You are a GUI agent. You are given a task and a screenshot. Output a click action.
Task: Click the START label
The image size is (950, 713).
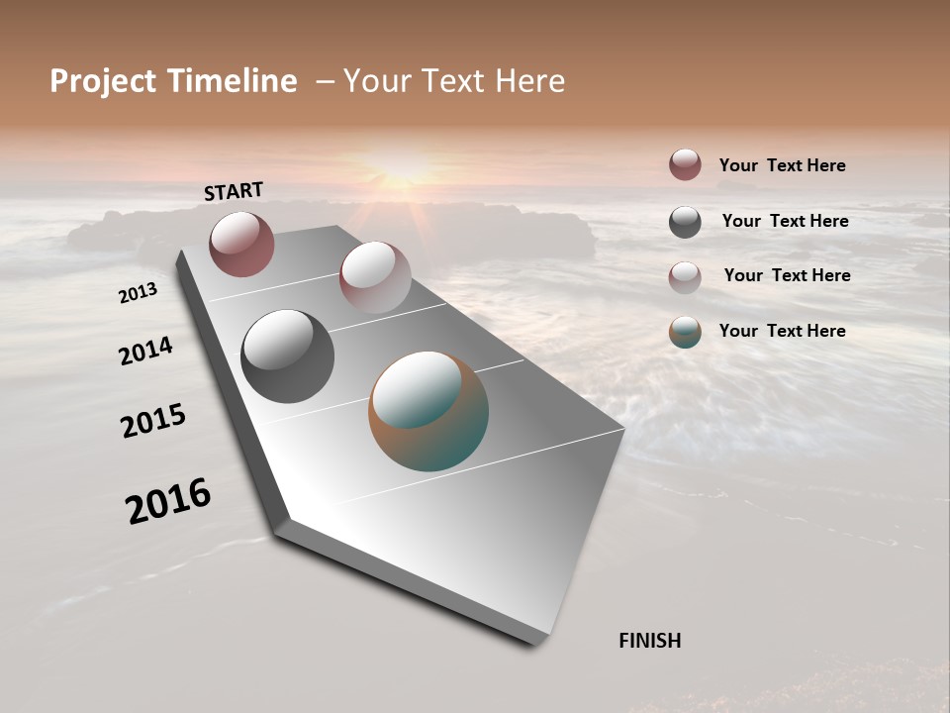[x=234, y=191]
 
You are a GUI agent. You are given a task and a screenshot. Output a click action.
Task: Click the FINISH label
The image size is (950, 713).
[x=649, y=641]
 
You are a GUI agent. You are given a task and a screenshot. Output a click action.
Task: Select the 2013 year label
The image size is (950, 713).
[x=138, y=293]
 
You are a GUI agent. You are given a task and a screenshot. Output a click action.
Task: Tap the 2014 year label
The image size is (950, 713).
[x=145, y=351]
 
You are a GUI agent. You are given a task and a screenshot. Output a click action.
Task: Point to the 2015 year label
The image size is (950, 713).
[x=153, y=421]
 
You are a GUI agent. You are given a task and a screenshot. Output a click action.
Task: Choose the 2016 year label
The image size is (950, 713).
[x=168, y=501]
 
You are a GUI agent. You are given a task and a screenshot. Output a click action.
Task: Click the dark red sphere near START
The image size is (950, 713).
[x=241, y=244]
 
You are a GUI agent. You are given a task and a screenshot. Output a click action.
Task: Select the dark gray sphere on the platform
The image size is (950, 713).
[x=287, y=356]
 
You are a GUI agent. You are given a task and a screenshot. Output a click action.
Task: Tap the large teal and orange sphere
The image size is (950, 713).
[x=428, y=411]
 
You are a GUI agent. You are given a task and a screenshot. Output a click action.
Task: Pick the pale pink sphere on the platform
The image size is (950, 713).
[x=374, y=276]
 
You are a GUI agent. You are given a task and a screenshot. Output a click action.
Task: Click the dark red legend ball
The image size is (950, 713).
[x=685, y=164]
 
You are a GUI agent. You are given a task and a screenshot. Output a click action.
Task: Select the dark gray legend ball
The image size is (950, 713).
[x=685, y=222]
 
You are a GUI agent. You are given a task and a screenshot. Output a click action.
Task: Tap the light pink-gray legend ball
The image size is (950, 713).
[x=685, y=277]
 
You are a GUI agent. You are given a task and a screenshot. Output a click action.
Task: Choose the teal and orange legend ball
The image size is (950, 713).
[x=685, y=333]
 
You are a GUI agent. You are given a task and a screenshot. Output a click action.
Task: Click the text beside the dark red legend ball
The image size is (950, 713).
[x=782, y=165]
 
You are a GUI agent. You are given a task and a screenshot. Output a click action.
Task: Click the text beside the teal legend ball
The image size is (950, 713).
[x=782, y=331]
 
